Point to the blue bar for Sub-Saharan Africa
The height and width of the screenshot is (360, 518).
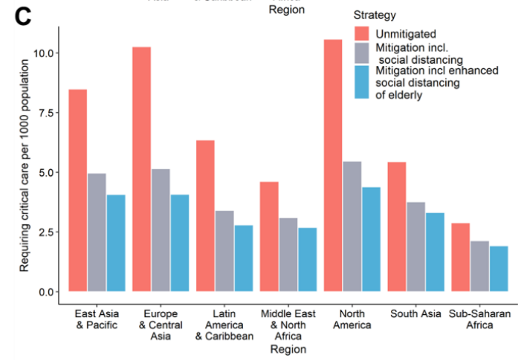click(x=498, y=268)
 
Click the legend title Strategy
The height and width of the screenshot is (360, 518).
click(x=374, y=15)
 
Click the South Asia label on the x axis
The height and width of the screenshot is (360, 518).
click(x=416, y=313)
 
